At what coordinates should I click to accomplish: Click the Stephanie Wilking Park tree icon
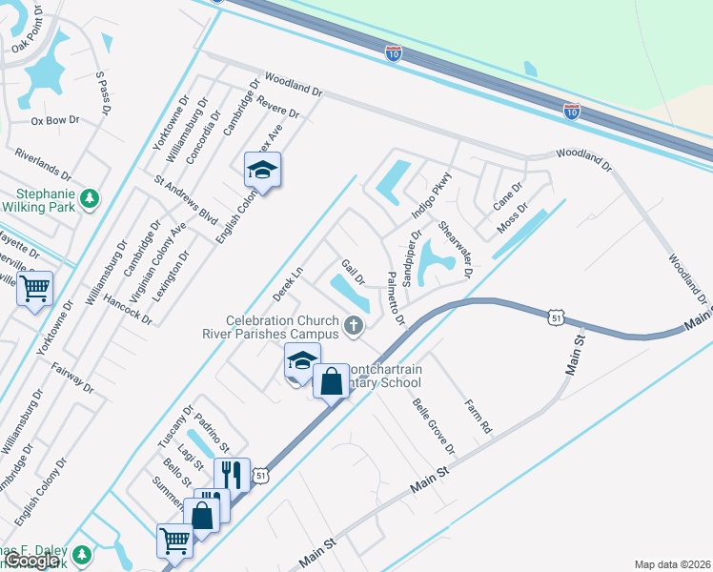pyautogui.click(x=90, y=198)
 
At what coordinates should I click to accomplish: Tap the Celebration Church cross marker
pyautogui.click(x=354, y=327)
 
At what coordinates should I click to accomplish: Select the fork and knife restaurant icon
pyautogui.click(x=232, y=473)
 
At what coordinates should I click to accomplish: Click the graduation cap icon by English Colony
pyautogui.click(x=262, y=171)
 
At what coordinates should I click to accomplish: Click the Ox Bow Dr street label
pyautogui.click(x=54, y=121)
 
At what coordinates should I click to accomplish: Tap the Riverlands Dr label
pyautogui.click(x=43, y=165)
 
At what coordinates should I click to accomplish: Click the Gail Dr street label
pyautogui.click(x=354, y=273)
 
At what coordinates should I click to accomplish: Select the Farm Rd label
pyautogui.click(x=477, y=416)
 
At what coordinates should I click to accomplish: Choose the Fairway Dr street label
pyautogui.click(x=73, y=375)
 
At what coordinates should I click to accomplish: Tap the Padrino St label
pyautogui.click(x=212, y=433)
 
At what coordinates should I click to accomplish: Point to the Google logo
pyautogui.click(x=33, y=562)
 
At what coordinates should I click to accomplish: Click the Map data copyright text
pyautogui.click(x=672, y=563)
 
